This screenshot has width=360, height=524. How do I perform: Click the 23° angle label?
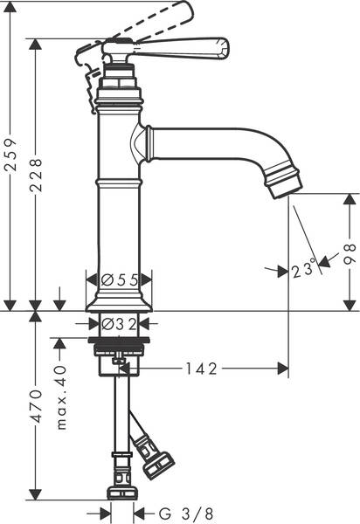coord(303,272)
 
